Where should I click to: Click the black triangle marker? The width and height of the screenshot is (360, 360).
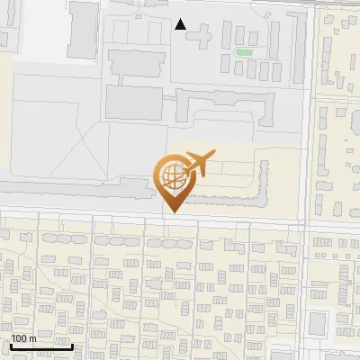pos(181,24)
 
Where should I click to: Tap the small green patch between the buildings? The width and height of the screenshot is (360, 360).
pos(243,51)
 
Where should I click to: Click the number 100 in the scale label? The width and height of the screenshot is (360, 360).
pos(19,337)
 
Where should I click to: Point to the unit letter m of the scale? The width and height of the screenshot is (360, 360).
pos(32,337)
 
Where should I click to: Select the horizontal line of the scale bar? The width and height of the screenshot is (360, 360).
pos(40,346)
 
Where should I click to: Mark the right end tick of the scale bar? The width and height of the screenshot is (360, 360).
pos(73,345)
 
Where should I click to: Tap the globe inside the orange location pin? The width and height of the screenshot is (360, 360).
pos(171,176)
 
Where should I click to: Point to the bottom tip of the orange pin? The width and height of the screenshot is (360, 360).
pos(173,212)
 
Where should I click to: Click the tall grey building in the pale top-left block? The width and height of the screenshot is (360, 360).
pos(84,24)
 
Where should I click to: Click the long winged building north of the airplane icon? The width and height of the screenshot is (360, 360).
pos(225,108)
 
